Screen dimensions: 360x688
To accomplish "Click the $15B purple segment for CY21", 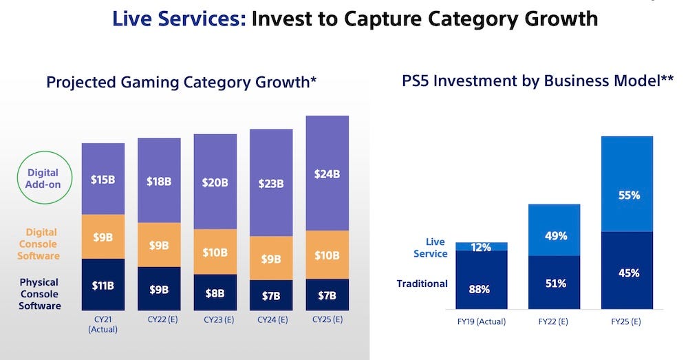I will [103, 179].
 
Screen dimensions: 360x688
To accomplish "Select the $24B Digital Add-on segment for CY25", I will [327, 173].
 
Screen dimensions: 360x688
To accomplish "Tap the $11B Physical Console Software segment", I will [103, 284].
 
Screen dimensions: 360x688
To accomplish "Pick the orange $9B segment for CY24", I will [271, 259].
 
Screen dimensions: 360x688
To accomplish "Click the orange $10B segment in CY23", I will [215, 252].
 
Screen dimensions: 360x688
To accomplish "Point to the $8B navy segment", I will [215, 293].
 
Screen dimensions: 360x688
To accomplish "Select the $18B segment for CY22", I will [159, 180].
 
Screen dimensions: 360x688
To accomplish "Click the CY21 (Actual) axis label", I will [103, 324].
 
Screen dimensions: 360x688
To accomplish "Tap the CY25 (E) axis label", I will [327, 319].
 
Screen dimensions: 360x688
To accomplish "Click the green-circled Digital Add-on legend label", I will [43, 178].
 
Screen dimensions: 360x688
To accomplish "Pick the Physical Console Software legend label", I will [39, 294].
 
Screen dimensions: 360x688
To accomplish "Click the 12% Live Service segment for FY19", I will [481, 246].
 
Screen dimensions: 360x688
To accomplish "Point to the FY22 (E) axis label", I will [555, 321].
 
